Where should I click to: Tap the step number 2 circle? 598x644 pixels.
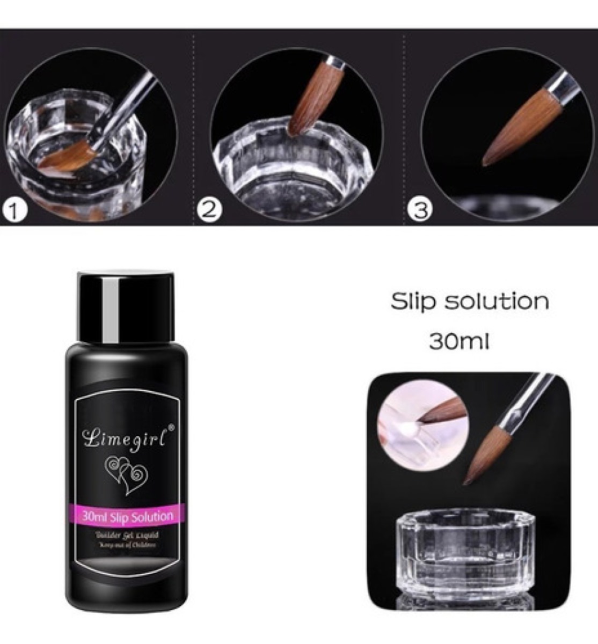pyautogui.click(x=209, y=209)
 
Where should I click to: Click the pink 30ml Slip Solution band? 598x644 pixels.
pyautogui.click(x=128, y=517)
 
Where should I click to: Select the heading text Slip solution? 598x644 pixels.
pyautogui.click(x=470, y=301)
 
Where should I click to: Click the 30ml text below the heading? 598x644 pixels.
pyautogui.click(x=459, y=342)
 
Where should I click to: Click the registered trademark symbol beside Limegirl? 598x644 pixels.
pyautogui.click(x=172, y=427)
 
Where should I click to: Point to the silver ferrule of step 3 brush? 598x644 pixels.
pyautogui.click(x=564, y=86)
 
